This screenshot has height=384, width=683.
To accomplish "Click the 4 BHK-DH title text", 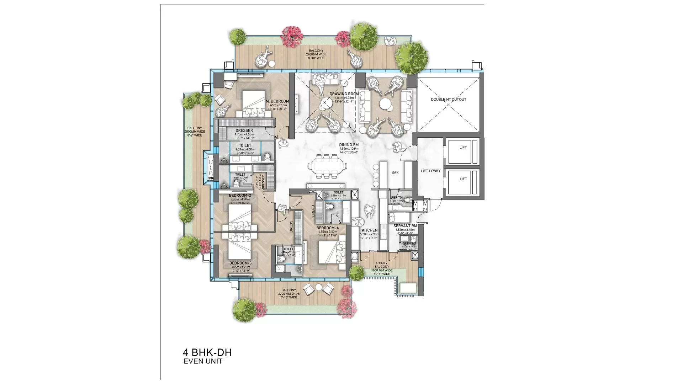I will (207, 352).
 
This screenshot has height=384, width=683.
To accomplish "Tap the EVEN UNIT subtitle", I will (203, 361).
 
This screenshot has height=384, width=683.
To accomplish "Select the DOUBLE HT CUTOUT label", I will (448, 100).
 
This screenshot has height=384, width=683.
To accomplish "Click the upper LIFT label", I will (463, 147).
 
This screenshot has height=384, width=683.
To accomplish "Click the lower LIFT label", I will (463, 179).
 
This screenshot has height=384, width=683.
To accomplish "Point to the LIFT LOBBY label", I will (430, 171).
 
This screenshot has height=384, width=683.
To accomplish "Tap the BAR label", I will (395, 172).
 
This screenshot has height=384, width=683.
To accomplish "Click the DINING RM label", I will (349, 145).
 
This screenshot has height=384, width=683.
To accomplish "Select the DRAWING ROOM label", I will (344, 94).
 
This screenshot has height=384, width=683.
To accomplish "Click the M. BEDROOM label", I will (277, 101).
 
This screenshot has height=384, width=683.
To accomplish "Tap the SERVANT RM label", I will (405, 226).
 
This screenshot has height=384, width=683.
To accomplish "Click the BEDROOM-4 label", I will (328, 228).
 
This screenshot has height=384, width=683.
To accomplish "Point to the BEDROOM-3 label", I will (240, 263).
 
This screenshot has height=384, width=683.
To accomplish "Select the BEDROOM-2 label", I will (240, 196).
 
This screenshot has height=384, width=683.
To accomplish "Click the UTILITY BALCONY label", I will (382, 265).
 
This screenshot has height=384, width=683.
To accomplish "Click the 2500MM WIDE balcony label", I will (195, 132).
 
